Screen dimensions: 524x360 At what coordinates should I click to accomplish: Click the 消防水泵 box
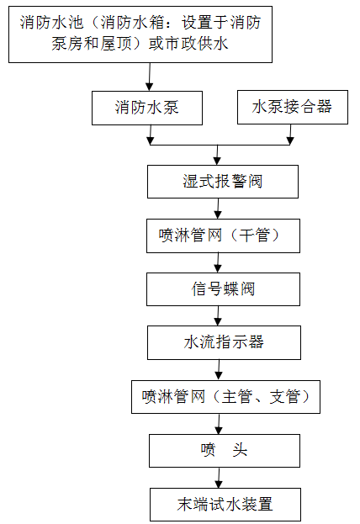[x=147, y=108]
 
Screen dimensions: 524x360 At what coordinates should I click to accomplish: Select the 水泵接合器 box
[x=292, y=107]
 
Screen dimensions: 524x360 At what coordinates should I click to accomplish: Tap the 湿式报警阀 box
[x=223, y=181]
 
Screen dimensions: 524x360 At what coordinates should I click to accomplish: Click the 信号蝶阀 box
[x=223, y=289]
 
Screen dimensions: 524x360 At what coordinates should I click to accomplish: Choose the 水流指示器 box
[x=223, y=342]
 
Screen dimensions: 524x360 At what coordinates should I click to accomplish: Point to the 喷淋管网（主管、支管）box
[x=225, y=396]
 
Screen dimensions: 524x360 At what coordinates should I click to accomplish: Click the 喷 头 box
[x=225, y=450]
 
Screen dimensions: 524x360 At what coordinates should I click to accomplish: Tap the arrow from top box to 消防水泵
[x=149, y=77]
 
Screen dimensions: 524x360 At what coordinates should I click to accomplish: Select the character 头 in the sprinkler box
[x=241, y=450]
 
